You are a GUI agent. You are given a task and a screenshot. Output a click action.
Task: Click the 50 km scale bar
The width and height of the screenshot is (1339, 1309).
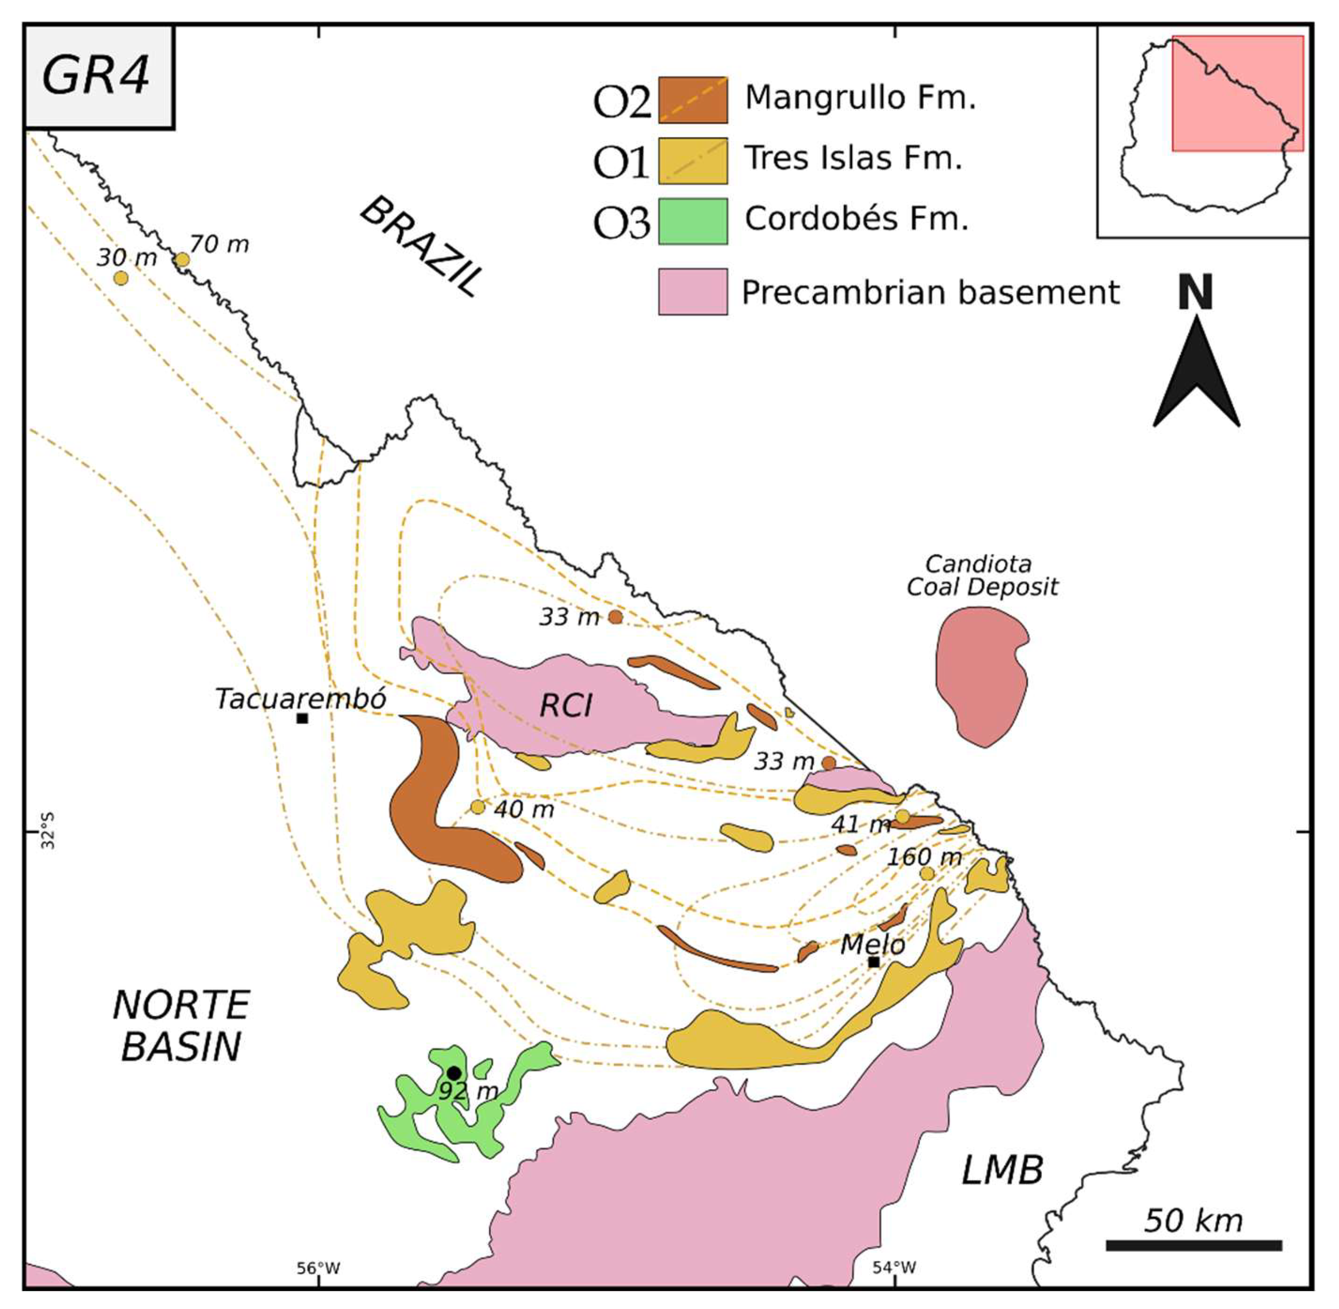[1193, 1245]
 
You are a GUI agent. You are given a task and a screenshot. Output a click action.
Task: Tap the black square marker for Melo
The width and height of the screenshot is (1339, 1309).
[874, 962]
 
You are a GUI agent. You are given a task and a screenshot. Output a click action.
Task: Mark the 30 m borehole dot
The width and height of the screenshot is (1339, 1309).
[121, 278]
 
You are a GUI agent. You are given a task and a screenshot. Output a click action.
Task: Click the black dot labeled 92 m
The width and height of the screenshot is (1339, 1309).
[454, 1073]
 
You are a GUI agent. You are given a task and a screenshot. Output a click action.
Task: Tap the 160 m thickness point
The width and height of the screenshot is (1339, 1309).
[927, 874]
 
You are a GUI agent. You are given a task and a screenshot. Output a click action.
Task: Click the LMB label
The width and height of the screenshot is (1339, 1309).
[1002, 1170]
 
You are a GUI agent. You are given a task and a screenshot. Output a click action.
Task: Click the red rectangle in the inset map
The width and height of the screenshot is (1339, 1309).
[1237, 93]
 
